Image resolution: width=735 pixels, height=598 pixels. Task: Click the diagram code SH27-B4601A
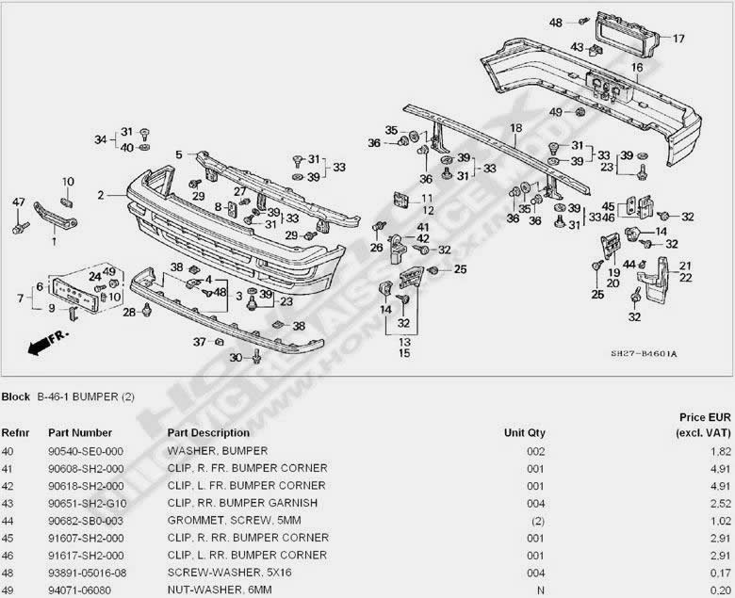644,354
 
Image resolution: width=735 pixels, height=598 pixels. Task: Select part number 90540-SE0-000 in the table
87,451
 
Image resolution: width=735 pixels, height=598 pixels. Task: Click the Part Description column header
208,433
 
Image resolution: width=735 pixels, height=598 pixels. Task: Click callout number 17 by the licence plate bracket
678,39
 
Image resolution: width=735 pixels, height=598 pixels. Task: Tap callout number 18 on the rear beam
515,127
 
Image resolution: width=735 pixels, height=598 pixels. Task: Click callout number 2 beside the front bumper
100,196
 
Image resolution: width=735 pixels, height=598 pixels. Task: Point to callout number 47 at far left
18,202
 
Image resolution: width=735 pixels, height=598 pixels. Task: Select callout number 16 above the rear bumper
637,68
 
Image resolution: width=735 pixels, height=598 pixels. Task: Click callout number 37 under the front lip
199,341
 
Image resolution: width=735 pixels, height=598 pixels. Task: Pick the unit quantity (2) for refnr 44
536,520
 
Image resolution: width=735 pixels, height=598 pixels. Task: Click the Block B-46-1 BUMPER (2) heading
68,397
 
